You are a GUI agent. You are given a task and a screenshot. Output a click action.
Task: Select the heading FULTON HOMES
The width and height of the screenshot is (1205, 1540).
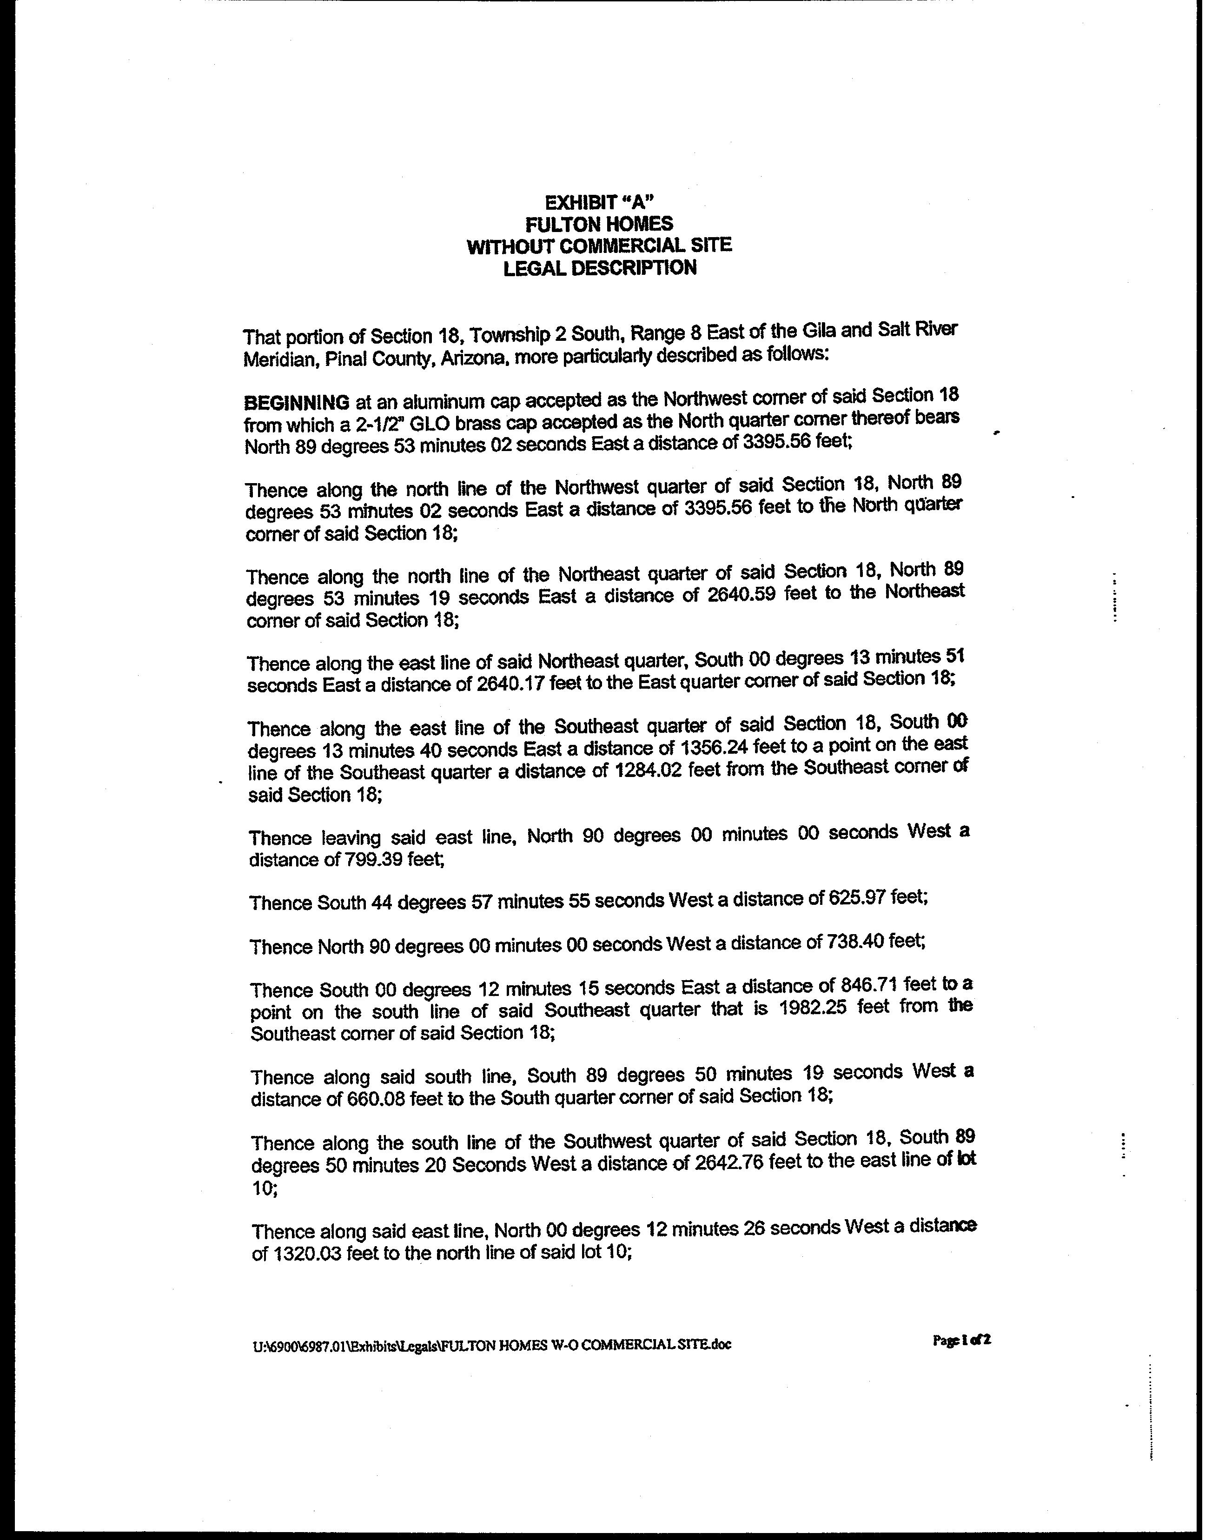599,224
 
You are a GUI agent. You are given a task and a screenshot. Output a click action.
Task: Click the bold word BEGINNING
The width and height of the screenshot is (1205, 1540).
296,402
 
